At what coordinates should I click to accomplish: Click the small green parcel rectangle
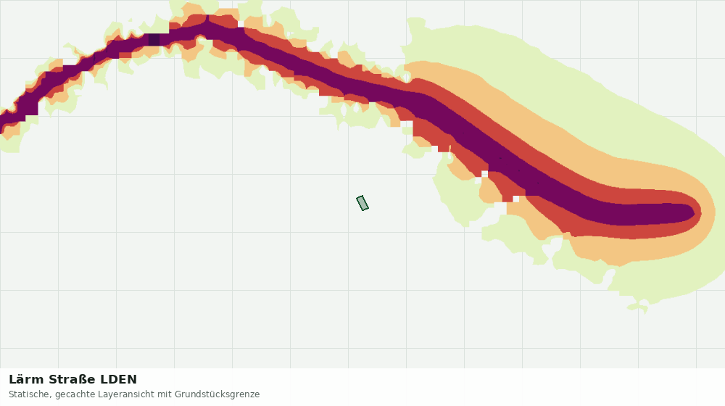[362, 203]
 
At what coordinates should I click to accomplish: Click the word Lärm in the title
[27, 379]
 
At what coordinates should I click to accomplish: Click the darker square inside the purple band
[154, 39]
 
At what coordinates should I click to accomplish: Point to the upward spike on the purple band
[207, 19]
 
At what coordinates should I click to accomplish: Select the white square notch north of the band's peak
[241, 24]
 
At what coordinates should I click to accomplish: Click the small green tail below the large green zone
[639, 308]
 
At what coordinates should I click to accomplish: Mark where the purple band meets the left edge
[1, 122]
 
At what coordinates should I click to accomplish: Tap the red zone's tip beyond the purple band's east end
[699, 212]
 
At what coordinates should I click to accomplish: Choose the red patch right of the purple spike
[224, 21]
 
